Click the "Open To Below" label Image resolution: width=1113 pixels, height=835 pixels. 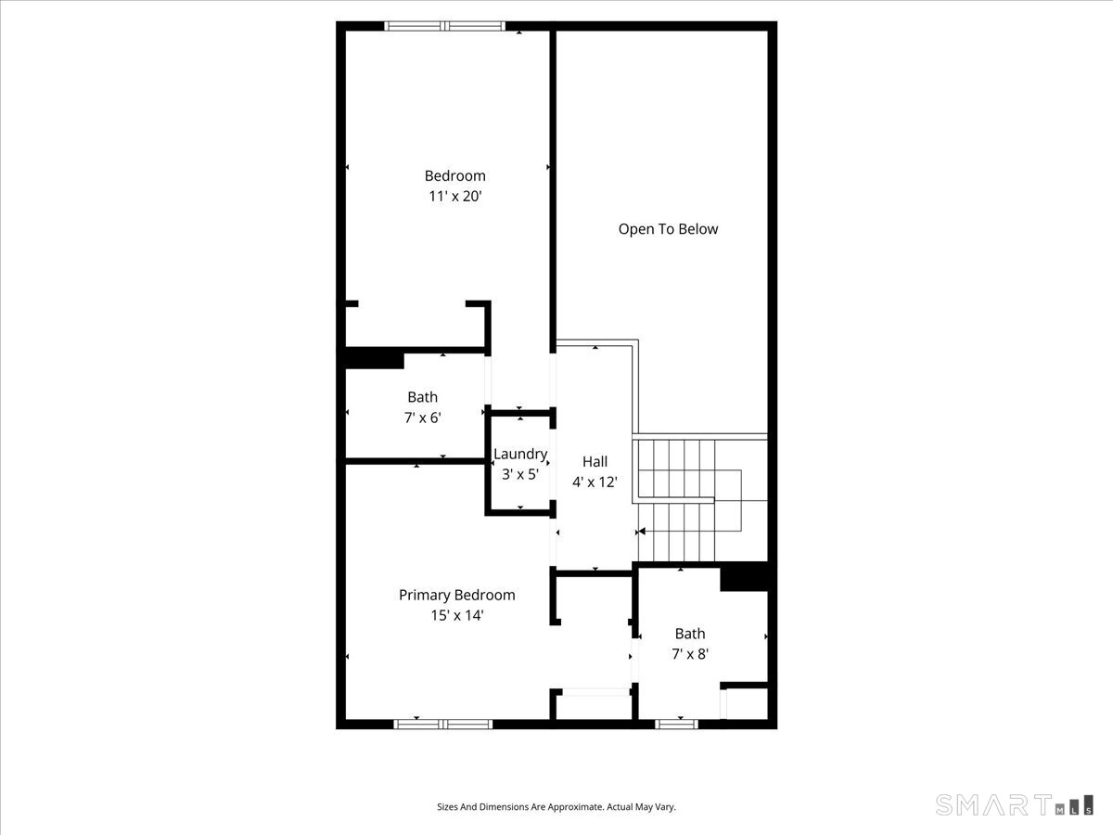(668, 229)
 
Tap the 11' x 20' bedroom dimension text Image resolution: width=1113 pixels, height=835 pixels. (454, 197)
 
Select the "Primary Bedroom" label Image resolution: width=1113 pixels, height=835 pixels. (456, 596)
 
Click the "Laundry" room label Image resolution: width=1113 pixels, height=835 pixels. (519, 455)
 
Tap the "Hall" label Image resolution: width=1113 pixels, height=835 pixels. (595, 462)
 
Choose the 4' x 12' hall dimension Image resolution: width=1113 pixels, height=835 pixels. (595, 482)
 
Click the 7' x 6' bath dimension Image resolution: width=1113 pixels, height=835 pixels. (422, 418)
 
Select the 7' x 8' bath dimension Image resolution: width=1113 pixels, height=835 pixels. (690, 654)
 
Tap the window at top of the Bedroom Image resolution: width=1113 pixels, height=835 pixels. (445, 26)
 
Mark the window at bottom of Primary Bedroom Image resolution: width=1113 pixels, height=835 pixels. (443, 724)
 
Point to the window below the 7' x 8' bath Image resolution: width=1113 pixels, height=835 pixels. (677, 724)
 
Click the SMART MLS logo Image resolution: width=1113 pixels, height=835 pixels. (1014, 804)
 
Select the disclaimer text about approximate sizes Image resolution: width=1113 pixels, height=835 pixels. (556, 807)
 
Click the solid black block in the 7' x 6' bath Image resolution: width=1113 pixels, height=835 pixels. (375, 358)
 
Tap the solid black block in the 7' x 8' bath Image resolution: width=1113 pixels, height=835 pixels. (745, 577)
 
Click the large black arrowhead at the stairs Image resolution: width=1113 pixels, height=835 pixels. (640, 532)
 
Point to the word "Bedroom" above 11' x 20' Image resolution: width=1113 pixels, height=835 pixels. (454, 176)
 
